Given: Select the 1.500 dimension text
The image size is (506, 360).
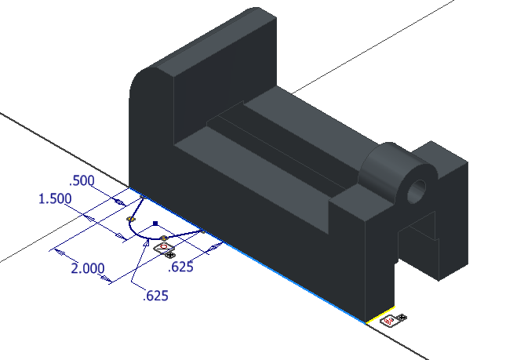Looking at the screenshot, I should [55, 199].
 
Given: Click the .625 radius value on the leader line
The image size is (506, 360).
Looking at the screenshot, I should [155, 296].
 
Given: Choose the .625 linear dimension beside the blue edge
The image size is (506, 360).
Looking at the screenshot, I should [182, 267].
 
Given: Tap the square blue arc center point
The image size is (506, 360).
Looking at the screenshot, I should [155, 223].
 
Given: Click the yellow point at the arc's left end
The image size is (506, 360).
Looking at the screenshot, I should [130, 219].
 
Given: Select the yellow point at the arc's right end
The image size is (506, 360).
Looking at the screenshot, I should [163, 238].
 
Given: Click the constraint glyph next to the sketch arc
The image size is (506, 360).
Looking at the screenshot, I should [166, 250].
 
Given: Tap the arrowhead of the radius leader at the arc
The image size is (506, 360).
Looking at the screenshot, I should [145, 244].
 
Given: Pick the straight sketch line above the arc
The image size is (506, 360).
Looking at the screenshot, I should [137, 207].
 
